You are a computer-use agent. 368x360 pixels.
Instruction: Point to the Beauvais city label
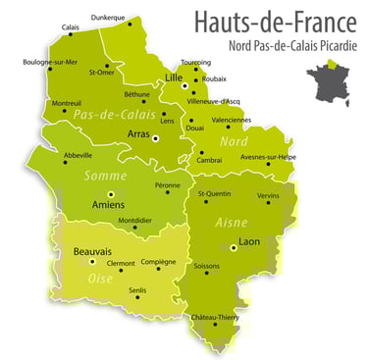[x=92, y=252]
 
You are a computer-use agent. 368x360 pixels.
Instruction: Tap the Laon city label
[x=248, y=240]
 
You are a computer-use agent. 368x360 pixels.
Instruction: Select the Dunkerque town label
[x=108, y=17]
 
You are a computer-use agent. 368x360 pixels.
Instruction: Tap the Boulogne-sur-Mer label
[x=50, y=61]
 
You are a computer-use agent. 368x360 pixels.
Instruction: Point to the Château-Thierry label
[x=216, y=317]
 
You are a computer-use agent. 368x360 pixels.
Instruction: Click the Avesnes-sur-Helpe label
[x=269, y=157]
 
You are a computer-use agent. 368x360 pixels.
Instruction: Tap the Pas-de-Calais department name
[x=101, y=115]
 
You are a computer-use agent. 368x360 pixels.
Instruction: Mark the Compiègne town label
[x=159, y=262]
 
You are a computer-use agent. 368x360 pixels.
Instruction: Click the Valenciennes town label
[x=232, y=120]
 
